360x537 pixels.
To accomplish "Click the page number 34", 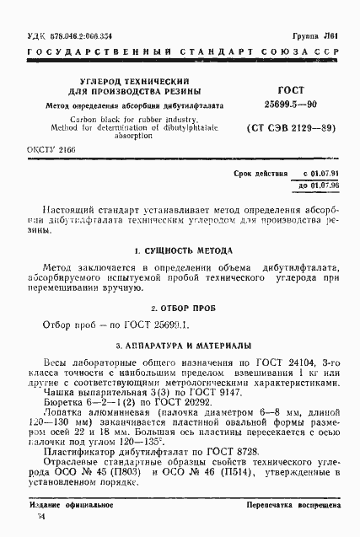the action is point(33,526).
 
